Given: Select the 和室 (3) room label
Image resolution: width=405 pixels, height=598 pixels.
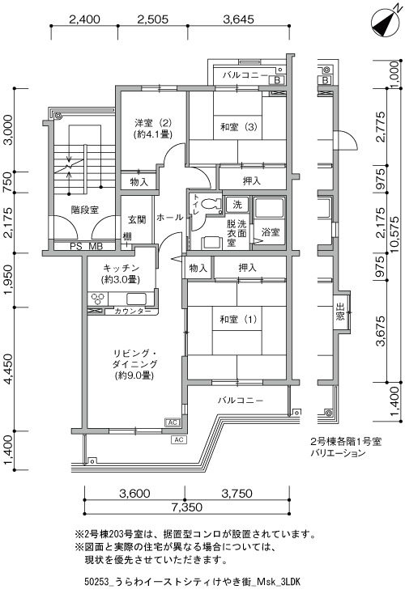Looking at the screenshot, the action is [239, 126].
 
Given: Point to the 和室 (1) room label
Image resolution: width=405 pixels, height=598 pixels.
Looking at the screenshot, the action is [238, 319].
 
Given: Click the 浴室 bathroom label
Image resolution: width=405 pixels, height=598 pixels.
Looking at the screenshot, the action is [271, 232].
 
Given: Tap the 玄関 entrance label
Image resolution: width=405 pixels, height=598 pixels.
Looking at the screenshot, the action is [137, 219].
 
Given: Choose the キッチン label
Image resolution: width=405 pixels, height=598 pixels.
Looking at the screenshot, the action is [122, 268].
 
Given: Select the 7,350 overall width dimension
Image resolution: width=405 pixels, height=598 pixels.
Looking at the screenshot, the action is [186, 507].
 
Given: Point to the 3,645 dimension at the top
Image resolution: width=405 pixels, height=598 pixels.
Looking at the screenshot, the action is [238, 19].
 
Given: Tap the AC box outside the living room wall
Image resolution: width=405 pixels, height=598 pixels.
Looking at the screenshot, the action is [179, 439].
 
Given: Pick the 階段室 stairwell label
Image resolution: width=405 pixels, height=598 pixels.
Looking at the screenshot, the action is [85, 210].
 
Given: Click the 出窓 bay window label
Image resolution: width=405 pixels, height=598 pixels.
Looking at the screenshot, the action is [340, 312].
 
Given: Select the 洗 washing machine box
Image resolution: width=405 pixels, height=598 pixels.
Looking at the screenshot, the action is [237, 205].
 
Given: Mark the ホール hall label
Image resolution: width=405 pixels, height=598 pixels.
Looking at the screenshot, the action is [170, 218].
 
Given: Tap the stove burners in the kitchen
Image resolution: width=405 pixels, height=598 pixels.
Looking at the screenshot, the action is [98, 299].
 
